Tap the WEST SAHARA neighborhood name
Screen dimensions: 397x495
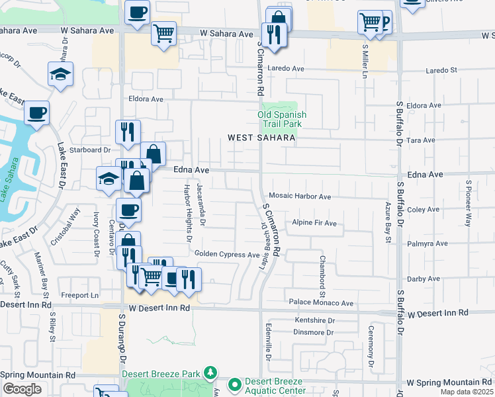(x=261, y=138)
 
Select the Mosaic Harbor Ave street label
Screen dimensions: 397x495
(x=299, y=197)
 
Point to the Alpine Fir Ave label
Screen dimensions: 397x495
(x=315, y=224)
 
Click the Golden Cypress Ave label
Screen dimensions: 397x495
(x=227, y=254)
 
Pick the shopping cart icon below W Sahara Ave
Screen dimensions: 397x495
(x=163, y=33)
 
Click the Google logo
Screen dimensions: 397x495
(x=22, y=389)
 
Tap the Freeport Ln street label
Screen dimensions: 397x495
(x=79, y=295)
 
